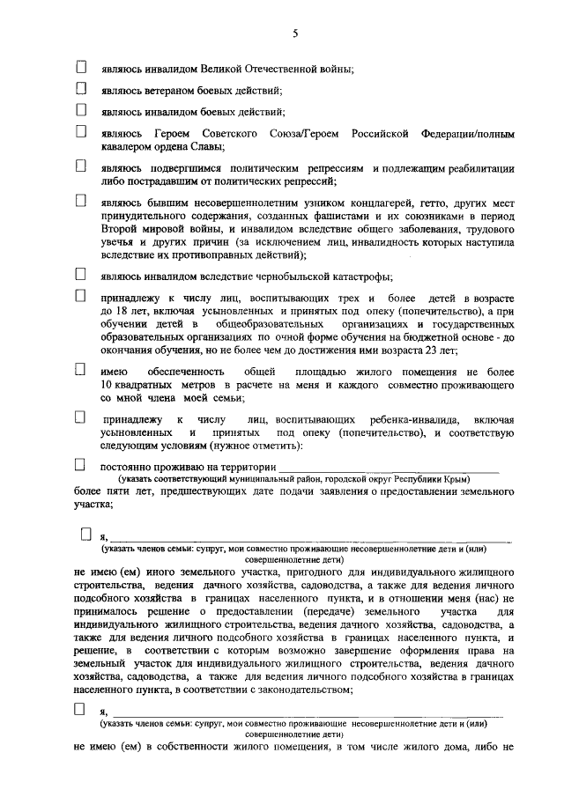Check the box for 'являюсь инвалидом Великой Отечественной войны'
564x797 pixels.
[x=81, y=67]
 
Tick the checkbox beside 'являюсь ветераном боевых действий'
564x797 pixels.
[x=81, y=88]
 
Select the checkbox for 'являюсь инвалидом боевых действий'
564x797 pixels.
[x=81, y=110]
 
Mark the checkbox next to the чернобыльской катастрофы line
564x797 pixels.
[x=81, y=275]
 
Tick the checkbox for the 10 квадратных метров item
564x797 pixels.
[x=81, y=372]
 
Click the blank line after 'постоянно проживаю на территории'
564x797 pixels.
[x=388, y=467]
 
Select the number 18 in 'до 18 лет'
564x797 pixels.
[x=115, y=314]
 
